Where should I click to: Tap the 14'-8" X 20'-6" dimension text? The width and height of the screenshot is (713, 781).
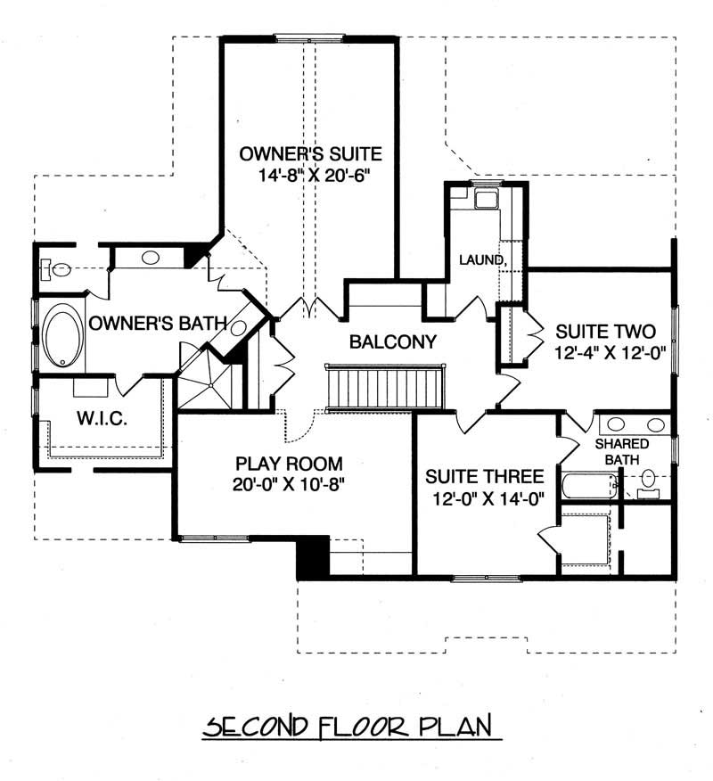pos(310,175)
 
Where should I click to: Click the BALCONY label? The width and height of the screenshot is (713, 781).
pos(392,341)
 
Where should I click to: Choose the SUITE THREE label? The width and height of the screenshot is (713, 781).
pos(485,477)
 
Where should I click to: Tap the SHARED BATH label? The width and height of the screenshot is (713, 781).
pos(621,451)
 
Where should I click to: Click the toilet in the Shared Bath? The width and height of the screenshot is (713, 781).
pos(648,479)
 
